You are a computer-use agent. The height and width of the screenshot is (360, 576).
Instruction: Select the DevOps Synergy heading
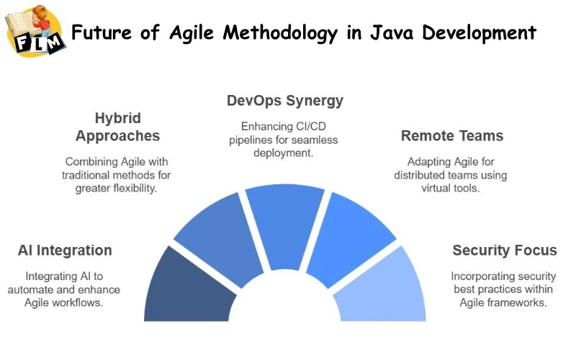tap(284, 100)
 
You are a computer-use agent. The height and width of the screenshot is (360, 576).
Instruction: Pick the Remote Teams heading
tap(451, 135)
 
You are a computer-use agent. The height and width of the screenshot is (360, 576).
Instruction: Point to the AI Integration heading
tap(65, 251)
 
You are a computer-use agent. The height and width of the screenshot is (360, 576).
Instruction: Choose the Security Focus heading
tap(504, 251)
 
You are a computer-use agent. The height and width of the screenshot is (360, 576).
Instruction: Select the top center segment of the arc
tap(285, 223)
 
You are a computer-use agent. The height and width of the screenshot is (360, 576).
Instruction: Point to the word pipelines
tap(251, 140)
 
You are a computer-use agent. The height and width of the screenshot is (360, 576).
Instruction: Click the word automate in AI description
tap(48, 289)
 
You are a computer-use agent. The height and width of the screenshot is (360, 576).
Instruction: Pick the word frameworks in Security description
tap(519, 302)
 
